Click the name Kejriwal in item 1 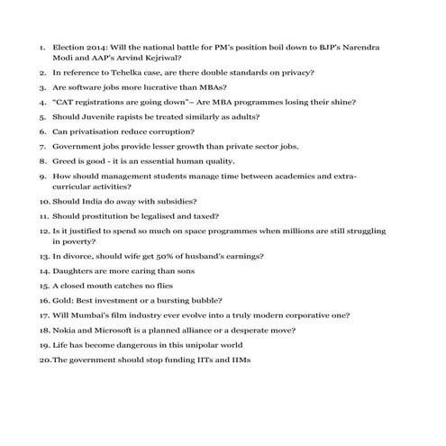(157, 57)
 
